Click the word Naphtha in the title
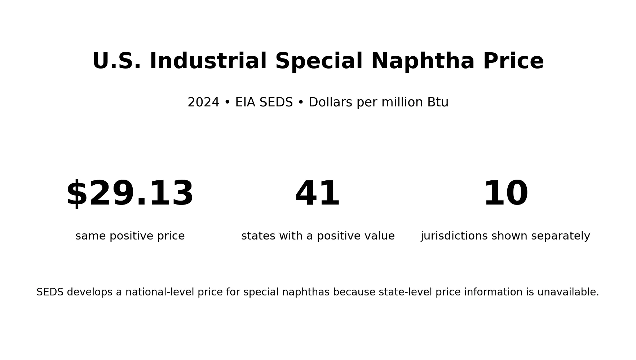coord(423,62)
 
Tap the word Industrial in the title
coord(208,62)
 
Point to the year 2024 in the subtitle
coord(203,102)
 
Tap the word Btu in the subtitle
coord(438,102)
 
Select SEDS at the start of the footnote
coord(49,292)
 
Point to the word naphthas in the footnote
coord(306,293)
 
